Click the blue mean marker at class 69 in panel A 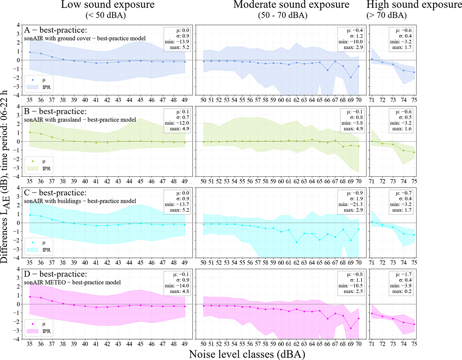pos(351,77)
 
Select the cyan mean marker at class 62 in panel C pos(296,242)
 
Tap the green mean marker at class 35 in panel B pos(30,132)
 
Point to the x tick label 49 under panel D pos(184,343)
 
